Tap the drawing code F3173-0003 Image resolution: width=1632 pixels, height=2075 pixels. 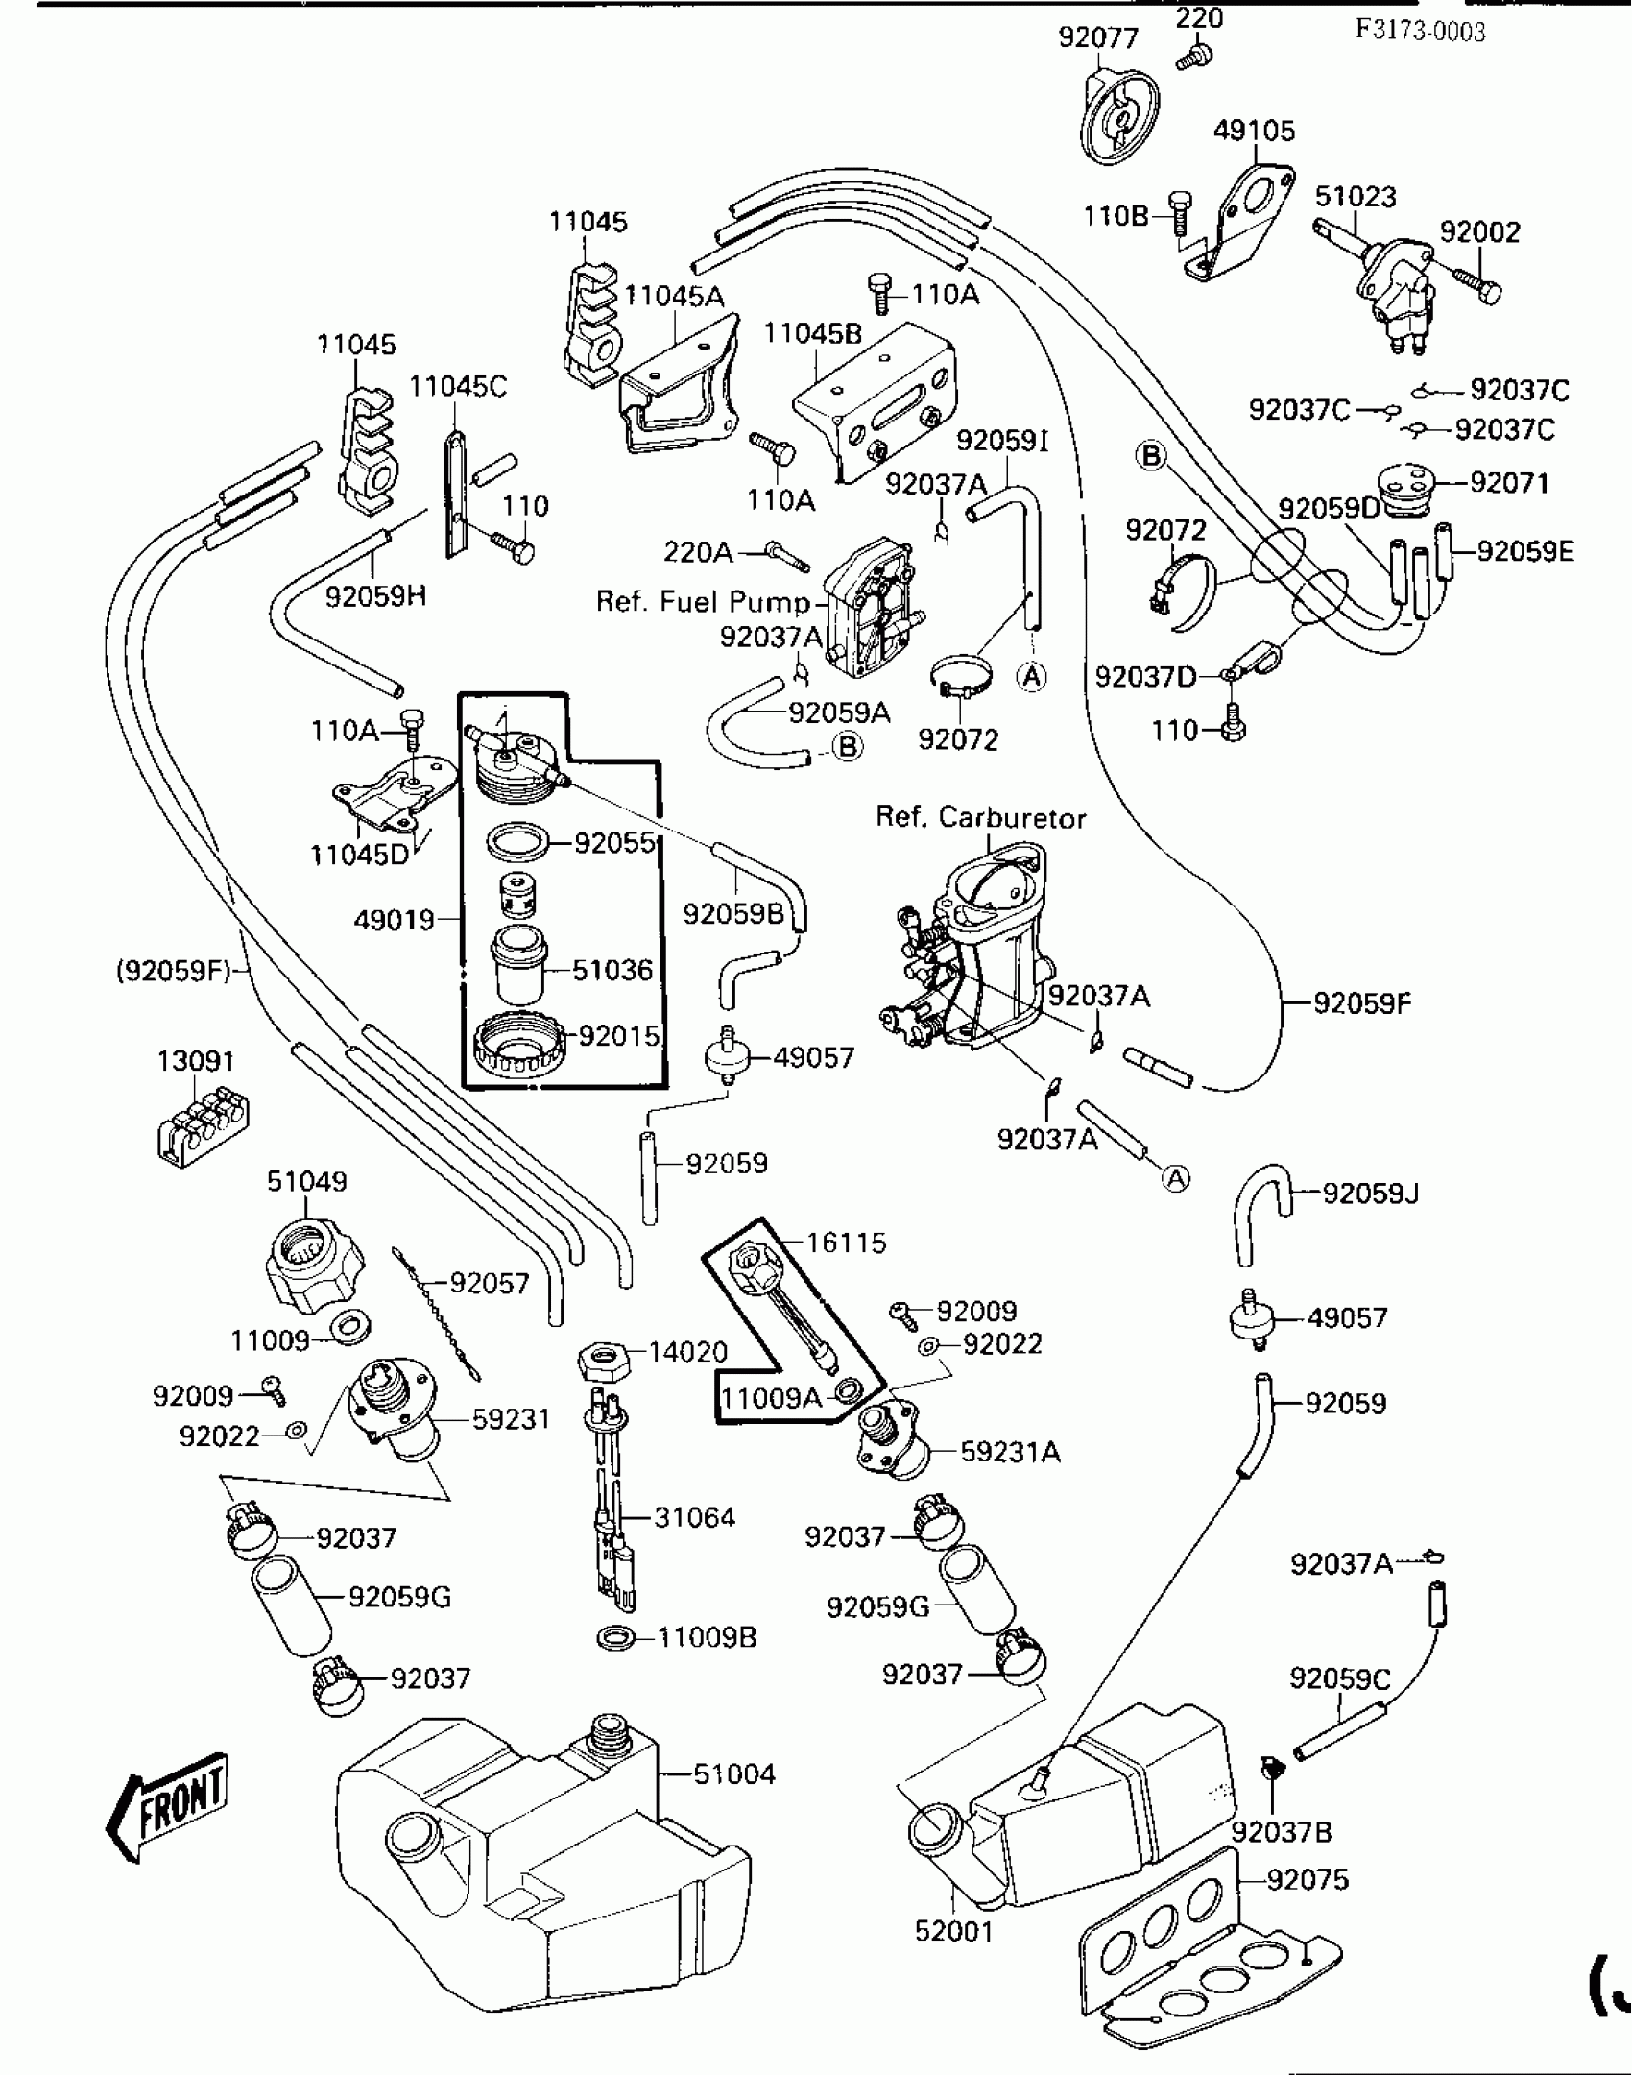[x=1420, y=32]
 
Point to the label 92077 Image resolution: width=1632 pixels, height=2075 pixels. [x=1098, y=37]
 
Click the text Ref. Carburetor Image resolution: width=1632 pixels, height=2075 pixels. [x=980, y=818]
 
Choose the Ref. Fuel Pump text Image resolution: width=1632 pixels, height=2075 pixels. [x=703, y=602]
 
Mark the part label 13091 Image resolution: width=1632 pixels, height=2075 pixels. [x=196, y=1062]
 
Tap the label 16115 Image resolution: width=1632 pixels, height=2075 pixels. [x=846, y=1243]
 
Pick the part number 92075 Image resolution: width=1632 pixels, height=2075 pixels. [x=1308, y=1879]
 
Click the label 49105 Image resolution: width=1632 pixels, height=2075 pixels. [x=1254, y=131]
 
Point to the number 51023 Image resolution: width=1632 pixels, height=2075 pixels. [x=1355, y=197]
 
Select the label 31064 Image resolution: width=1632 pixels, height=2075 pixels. [x=694, y=1517]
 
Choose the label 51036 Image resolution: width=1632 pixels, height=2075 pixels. [x=612, y=970]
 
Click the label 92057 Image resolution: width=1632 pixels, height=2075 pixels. [x=490, y=1283]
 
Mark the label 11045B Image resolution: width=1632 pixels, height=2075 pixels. [x=813, y=333]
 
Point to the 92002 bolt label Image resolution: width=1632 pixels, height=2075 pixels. [x=1479, y=232]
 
